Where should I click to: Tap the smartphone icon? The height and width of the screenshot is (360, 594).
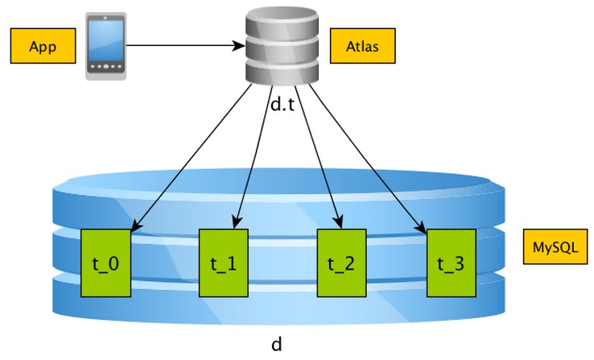(106, 45)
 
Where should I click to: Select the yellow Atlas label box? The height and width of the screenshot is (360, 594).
(364, 45)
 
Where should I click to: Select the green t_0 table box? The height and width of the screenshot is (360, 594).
(107, 262)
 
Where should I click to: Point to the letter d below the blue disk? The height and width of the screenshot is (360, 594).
(276, 345)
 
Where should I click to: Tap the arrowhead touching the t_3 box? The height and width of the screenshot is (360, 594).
(423, 228)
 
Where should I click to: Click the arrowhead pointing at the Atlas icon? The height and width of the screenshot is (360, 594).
(240, 45)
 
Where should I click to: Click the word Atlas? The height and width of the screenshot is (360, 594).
(364, 45)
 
